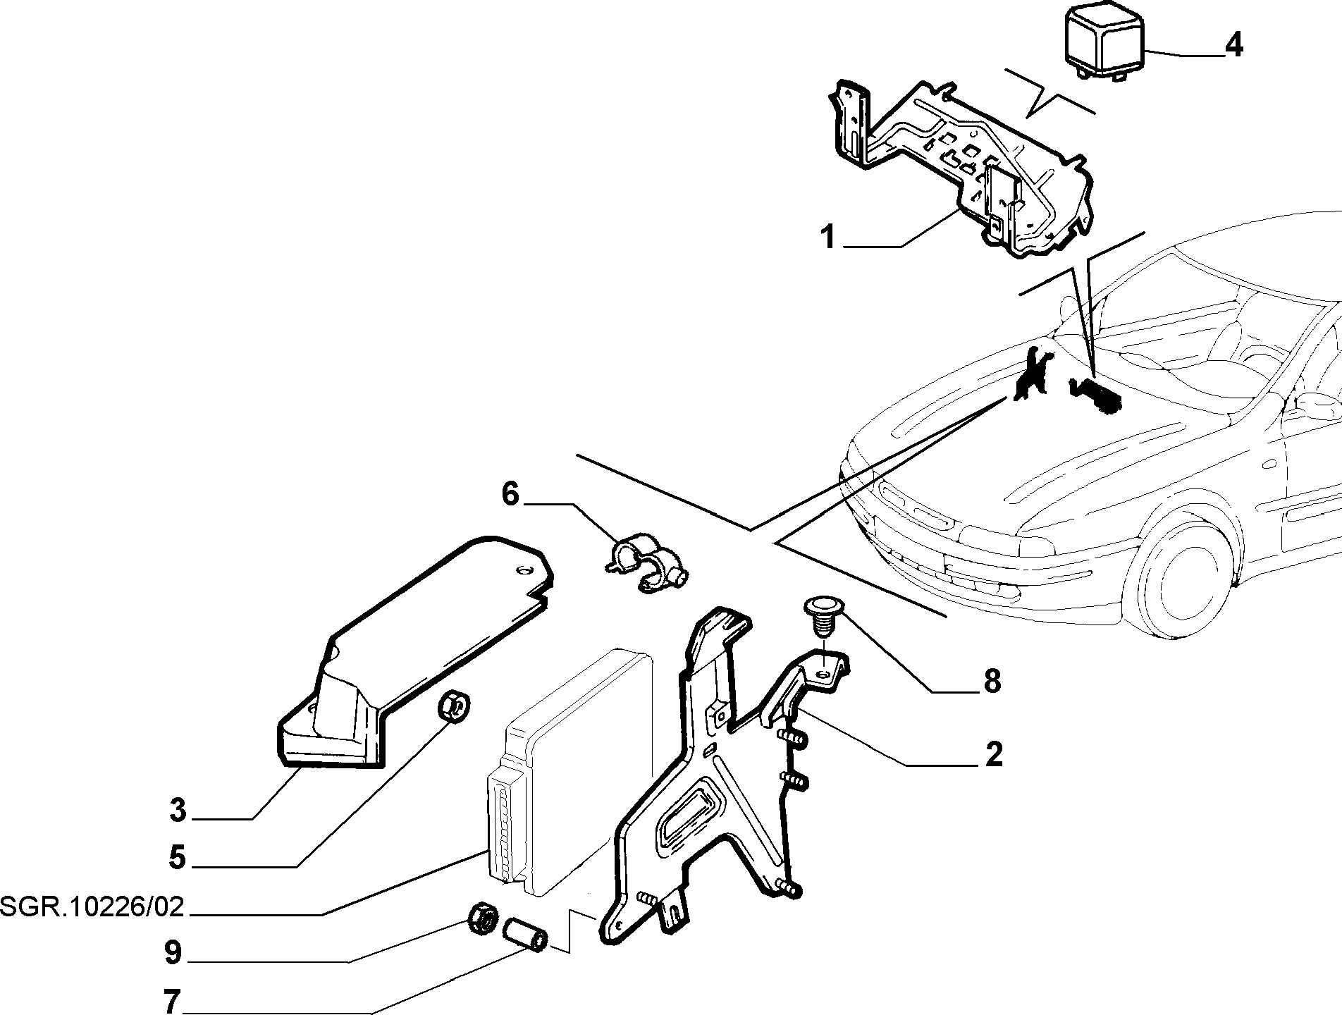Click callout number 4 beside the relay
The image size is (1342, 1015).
point(1233,44)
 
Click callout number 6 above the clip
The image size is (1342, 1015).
point(510,493)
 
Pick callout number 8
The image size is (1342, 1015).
point(992,681)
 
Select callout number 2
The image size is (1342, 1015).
point(993,755)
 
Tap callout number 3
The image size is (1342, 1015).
point(178,811)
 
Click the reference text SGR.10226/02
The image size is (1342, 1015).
point(92,906)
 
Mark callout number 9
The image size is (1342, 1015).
point(173,953)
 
